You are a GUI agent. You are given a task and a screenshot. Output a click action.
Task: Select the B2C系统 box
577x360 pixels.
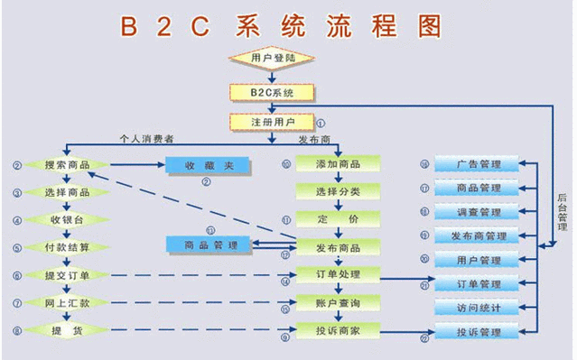[x=271, y=92]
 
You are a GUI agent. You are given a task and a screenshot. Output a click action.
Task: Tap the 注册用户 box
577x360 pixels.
[x=271, y=121]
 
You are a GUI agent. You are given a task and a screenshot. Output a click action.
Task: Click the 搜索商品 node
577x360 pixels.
[x=67, y=165]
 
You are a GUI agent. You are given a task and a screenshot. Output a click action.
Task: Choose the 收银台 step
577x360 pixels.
[x=67, y=219]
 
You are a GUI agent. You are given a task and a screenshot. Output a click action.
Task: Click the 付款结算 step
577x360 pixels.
[x=67, y=247]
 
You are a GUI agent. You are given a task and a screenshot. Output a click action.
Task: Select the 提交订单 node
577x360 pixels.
[x=67, y=275]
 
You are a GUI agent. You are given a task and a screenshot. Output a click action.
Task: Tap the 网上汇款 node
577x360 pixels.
[x=67, y=303]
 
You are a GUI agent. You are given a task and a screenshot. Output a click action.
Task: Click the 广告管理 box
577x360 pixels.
[x=479, y=164]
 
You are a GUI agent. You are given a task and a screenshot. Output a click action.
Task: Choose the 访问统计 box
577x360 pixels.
[x=479, y=308]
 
